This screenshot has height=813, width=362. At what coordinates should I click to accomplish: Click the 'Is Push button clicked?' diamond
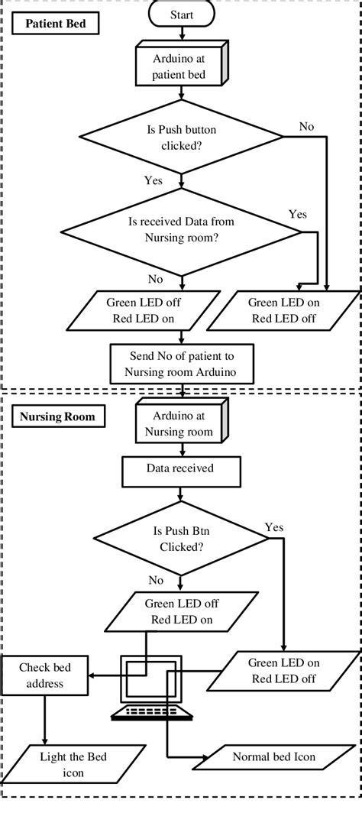click(x=181, y=138)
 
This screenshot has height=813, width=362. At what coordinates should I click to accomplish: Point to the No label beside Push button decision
click(x=306, y=125)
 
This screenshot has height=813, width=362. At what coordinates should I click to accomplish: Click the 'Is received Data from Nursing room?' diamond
click(x=181, y=231)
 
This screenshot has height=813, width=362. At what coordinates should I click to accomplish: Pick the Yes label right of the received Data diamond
click(x=298, y=215)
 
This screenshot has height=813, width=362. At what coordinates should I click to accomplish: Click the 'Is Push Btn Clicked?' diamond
click(x=181, y=540)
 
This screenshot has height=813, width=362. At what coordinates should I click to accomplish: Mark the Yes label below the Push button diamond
click(x=154, y=181)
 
